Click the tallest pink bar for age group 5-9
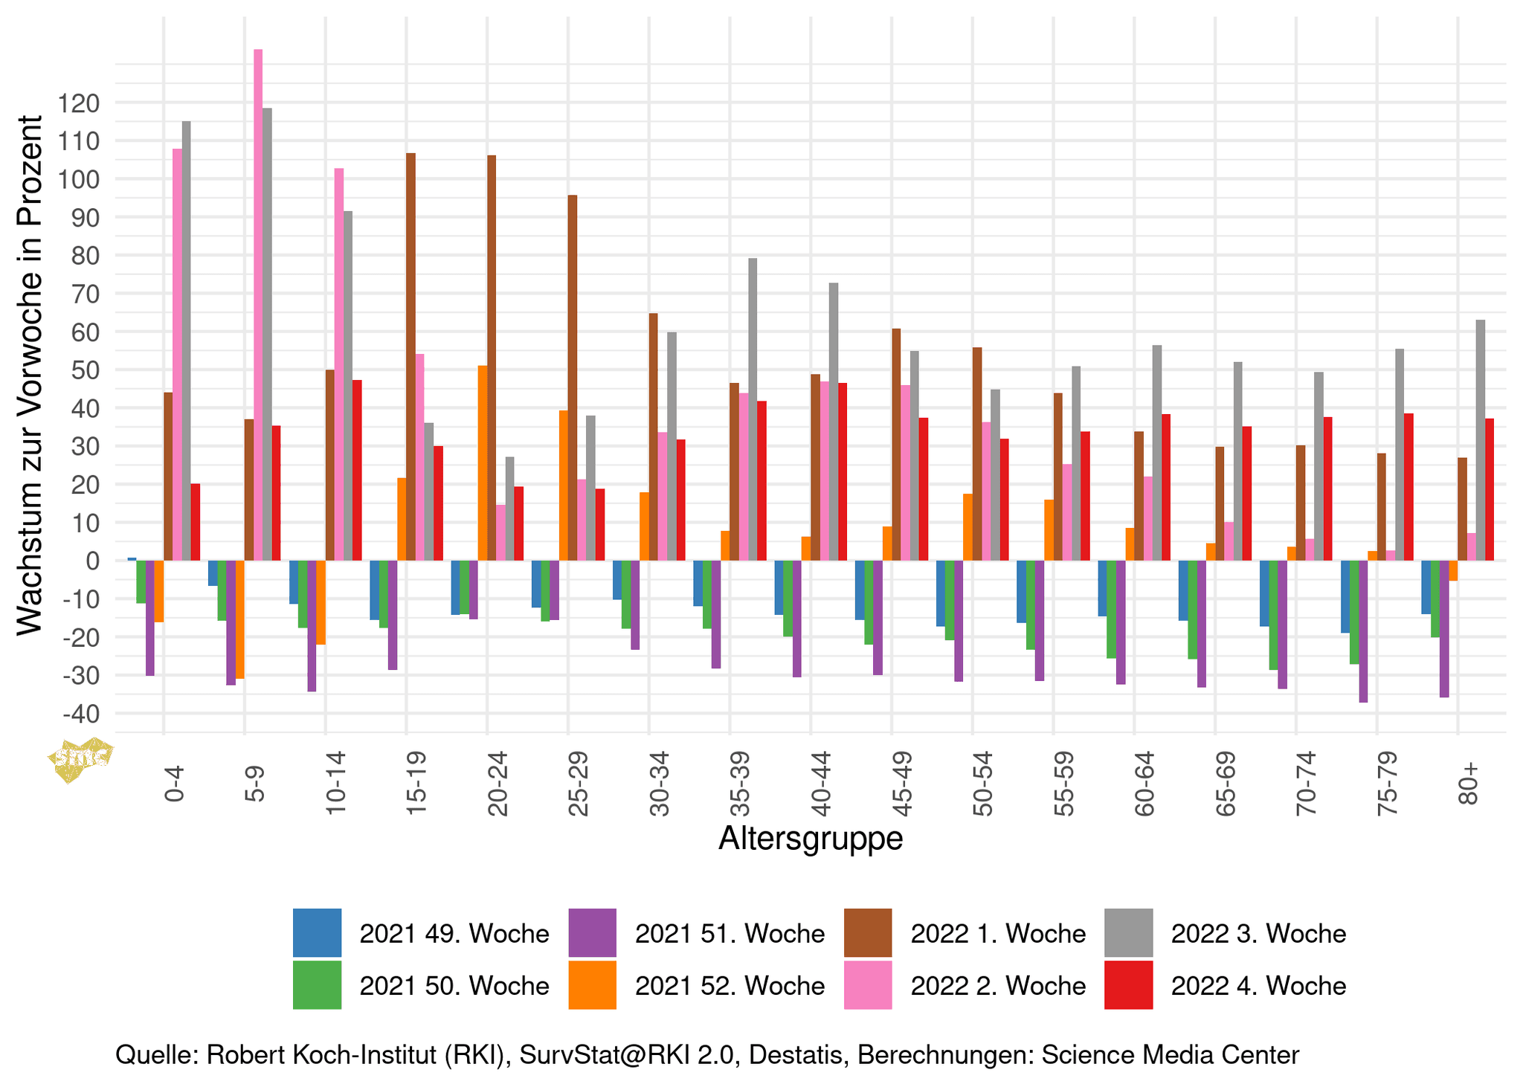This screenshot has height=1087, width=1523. click(258, 305)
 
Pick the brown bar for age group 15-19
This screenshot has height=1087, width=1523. click(410, 357)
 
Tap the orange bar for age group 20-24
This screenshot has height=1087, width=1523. click(483, 462)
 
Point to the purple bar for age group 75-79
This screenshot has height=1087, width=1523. click(1363, 631)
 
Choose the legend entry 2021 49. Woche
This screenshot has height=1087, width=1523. click(420, 933)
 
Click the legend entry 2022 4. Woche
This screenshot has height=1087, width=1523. click(1225, 985)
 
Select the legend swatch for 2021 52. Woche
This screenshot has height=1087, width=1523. click(592, 985)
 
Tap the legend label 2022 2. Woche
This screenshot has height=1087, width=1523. click(998, 985)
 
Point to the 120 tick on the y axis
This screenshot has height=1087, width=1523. click(82, 103)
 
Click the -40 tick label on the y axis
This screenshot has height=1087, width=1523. click(82, 715)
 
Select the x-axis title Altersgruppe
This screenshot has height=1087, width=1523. click(811, 838)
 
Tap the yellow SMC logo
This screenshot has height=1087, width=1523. click(80, 758)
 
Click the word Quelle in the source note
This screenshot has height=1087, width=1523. click(153, 1054)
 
